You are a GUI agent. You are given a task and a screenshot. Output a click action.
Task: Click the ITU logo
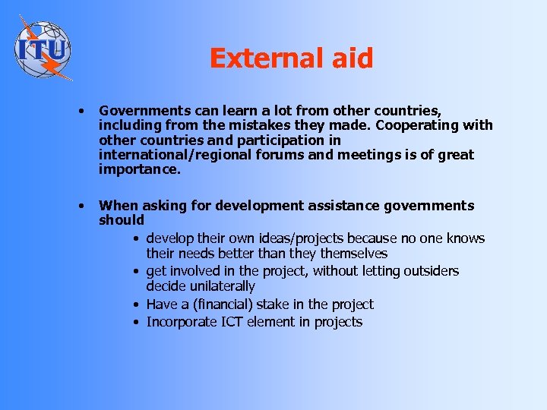[x=43, y=48]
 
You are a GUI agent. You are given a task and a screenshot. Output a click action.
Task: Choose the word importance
[x=140, y=169]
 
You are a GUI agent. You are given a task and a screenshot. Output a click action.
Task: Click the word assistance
[x=340, y=206]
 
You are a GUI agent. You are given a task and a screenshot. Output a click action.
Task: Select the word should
[x=122, y=220]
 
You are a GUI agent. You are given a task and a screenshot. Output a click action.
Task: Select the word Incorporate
[x=183, y=322]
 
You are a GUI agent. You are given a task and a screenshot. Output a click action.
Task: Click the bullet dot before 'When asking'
[x=81, y=206]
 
